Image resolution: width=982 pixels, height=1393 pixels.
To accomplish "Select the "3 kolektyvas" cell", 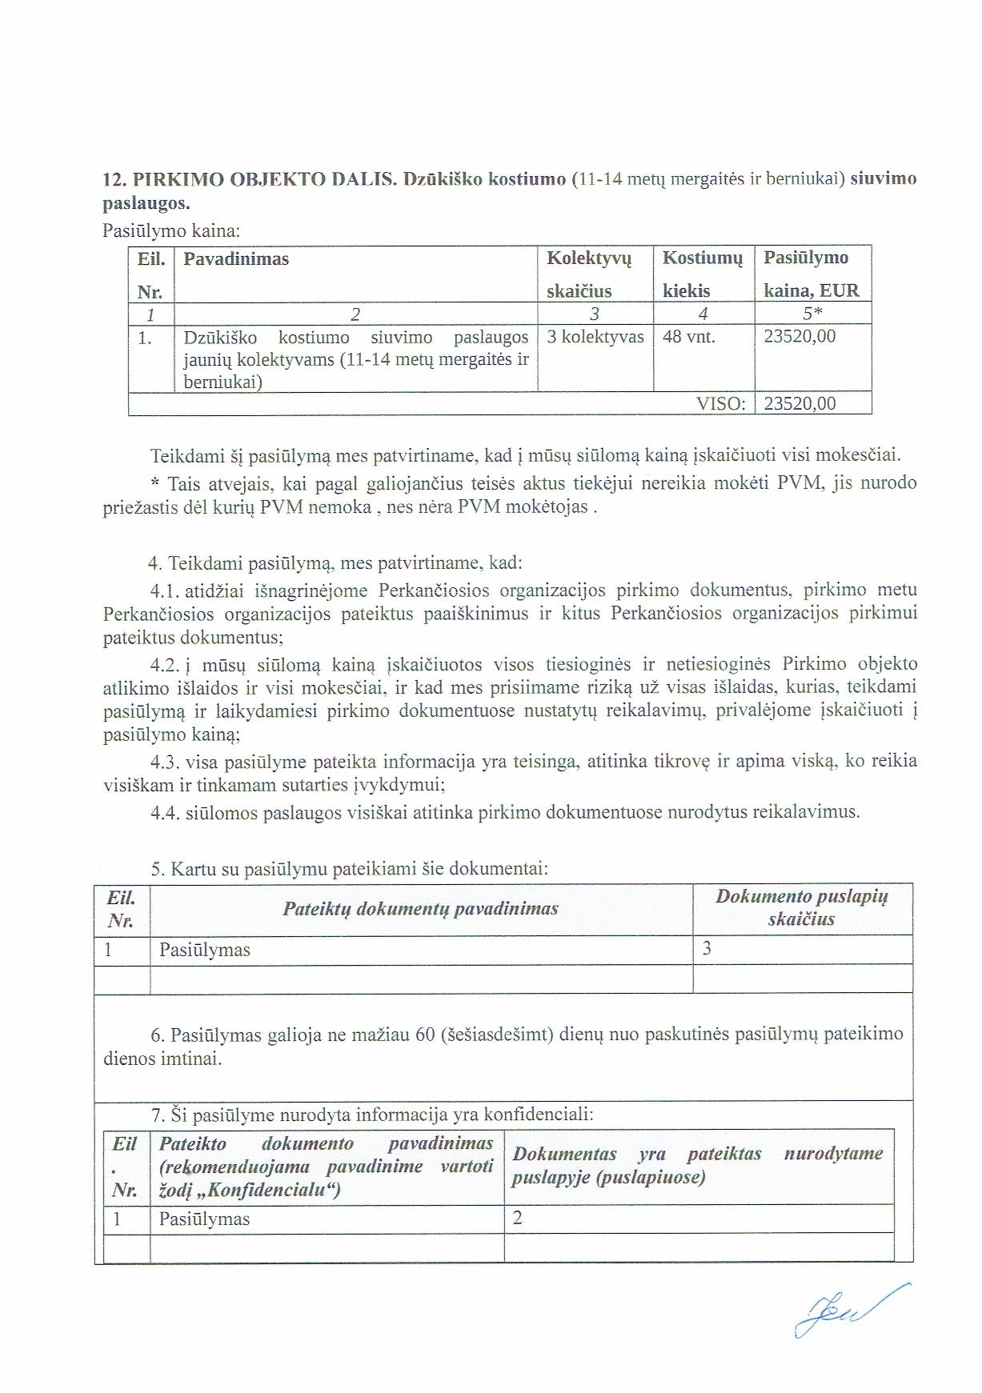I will [x=595, y=337].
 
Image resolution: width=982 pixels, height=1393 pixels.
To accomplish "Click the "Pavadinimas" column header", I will [x=236, y=259].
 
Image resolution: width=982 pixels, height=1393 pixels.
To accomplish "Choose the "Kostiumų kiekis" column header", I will [x=703, y=274].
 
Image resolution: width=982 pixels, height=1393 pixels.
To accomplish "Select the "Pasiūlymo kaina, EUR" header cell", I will [x=811, y=274].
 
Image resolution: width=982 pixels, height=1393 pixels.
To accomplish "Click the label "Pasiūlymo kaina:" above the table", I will [x=171, y=231].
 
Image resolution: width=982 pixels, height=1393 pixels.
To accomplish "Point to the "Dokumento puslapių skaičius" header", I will [x=802, y=908].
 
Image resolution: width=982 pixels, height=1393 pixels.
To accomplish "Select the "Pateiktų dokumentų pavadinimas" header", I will [x=420, y=909].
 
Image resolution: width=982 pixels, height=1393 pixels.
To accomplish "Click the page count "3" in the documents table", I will [x=707, y=950].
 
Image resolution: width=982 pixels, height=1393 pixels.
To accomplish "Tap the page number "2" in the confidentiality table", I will [x=518, y=1219].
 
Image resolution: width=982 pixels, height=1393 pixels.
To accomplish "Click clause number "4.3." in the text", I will [x=165, y=762].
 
